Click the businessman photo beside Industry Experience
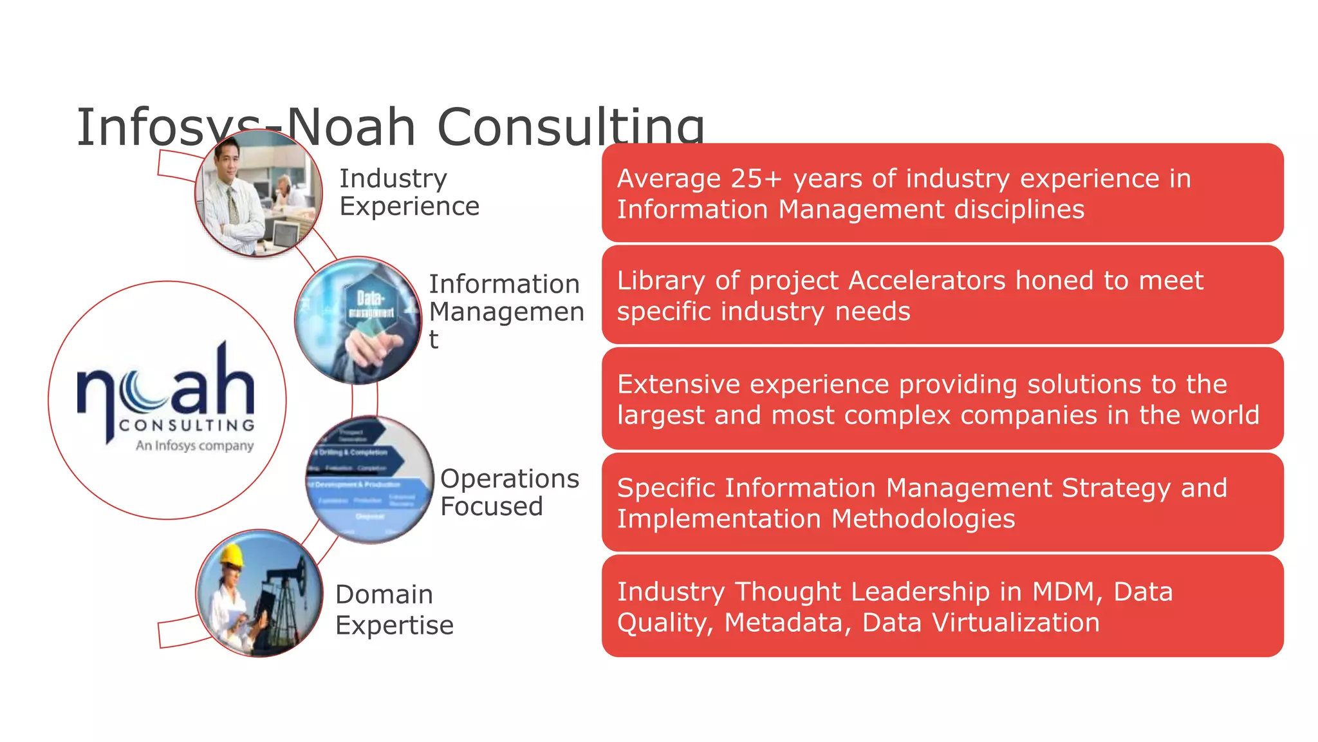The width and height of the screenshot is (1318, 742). pos(259,193)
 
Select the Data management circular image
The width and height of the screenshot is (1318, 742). pos(358,320)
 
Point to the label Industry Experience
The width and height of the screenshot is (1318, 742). pos(409,192)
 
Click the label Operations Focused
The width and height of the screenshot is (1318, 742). pos(509,492)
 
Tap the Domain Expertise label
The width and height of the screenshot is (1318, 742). pos(394,609)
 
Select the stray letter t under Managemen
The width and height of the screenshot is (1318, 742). pos(434,339)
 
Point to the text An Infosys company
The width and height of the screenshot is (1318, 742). pos(194,445)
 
